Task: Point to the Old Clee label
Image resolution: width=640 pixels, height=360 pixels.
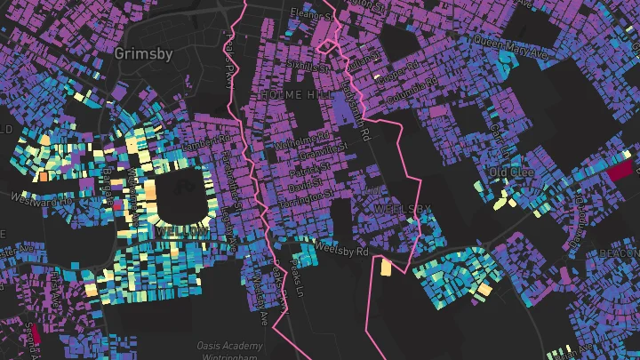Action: [510, 171]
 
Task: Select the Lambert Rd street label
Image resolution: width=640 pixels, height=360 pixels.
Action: [206, 140]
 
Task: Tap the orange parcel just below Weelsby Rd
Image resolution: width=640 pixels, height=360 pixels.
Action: [386, 267]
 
